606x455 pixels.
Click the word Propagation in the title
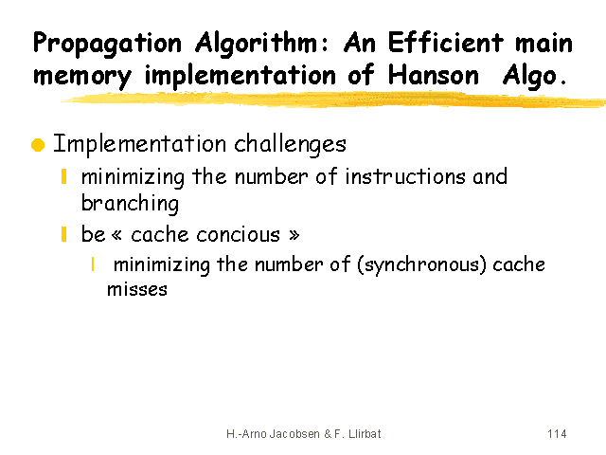tap(107, 45)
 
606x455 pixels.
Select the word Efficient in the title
tap(446, 42)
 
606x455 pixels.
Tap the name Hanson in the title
tap(434, 75)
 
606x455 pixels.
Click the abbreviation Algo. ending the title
tap(534, 76)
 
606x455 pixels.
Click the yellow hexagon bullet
tap(38, 145)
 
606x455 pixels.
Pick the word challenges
tap(291, 145)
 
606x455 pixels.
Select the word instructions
tap(405, 177)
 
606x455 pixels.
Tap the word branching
tap(130, 204)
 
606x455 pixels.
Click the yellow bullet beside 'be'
tap(63, 234)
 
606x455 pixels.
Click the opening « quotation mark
tap(116, 235)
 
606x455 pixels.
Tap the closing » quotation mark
tap(294, 235)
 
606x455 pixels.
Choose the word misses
tap(137, 289)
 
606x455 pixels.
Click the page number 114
tap(557, 434)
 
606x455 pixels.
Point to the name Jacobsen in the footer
tap(294, 434)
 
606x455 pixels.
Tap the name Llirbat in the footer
tap(365, 434)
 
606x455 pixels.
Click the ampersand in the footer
tap(328, 434)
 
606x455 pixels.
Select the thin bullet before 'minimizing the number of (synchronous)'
tap(93, 264)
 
